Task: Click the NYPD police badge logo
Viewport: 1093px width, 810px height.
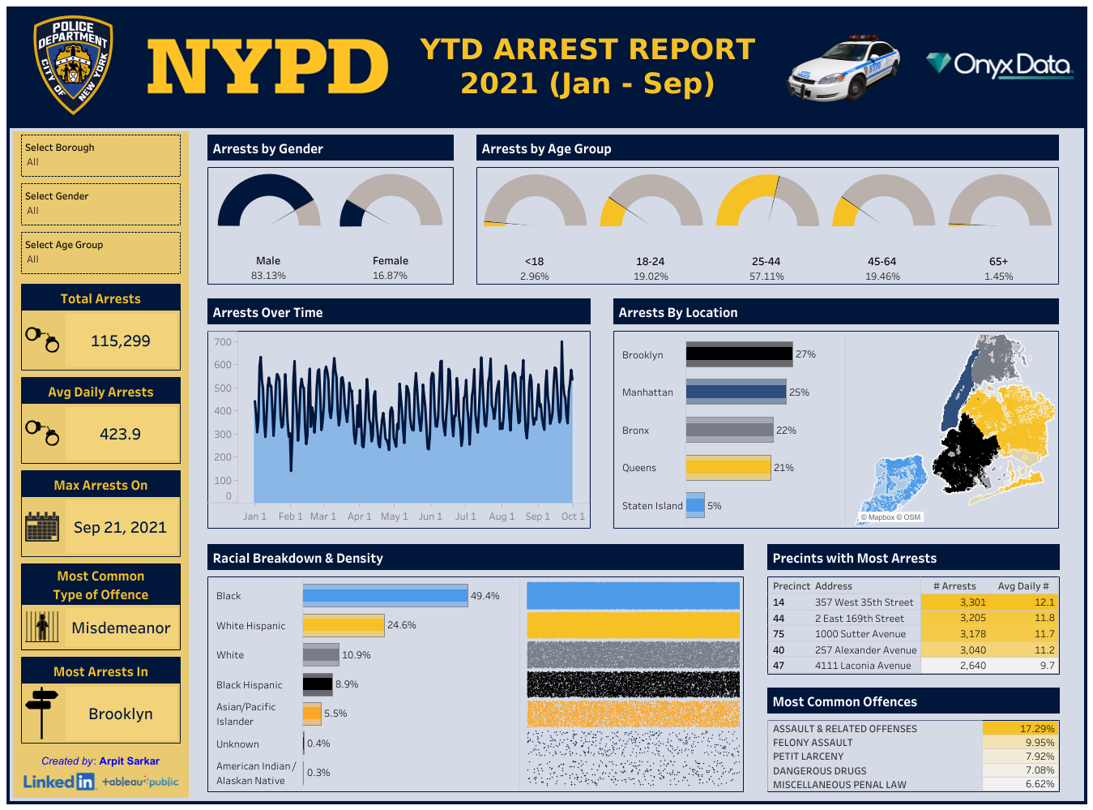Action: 73,65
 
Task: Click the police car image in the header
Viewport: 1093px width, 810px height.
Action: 844,68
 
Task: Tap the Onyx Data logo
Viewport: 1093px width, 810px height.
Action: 1000,65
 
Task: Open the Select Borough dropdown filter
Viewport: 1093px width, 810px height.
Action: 100,155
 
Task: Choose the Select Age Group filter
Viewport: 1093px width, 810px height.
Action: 100,252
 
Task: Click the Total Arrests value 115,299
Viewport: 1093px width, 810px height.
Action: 121,341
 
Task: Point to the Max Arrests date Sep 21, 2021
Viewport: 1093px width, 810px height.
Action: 121,528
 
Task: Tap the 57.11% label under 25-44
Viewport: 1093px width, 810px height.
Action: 766,276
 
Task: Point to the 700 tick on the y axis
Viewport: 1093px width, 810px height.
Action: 223,342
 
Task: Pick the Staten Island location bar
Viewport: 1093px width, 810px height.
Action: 695,505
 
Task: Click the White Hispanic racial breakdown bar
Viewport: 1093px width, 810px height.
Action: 343,625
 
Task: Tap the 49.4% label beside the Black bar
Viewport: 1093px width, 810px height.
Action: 485,596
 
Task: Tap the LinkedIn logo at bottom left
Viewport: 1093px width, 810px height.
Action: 58,782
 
